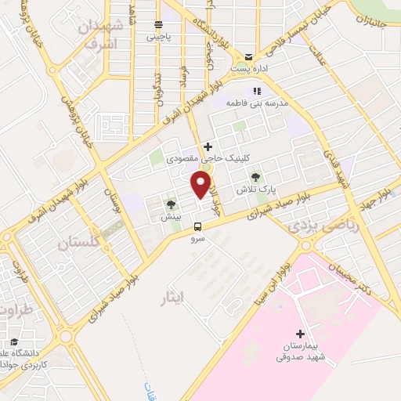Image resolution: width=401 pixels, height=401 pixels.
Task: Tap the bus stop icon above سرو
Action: coord(197,228)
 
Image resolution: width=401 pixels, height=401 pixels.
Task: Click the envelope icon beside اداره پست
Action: coord(249,56)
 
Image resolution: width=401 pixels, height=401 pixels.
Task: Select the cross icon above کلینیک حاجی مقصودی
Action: coord(208,146)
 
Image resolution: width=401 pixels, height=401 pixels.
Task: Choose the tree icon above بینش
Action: coord(170,205)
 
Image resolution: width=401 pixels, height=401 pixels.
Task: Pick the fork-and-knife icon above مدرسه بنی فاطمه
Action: coord(255,92)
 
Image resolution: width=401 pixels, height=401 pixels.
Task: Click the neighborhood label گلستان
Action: coord(81,244)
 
